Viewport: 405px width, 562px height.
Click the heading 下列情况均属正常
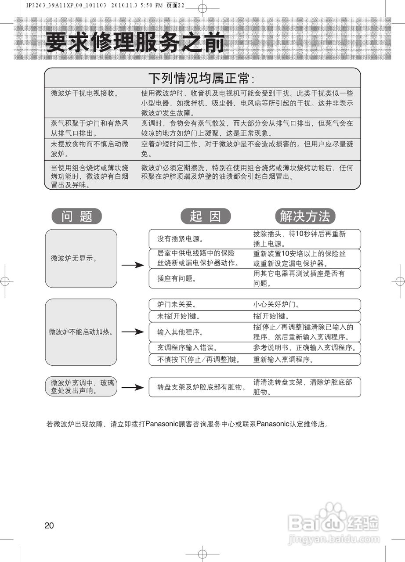(x=202, y=79)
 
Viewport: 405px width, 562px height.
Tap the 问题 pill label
(x=77, y=216)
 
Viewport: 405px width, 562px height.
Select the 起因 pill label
(x=205, y=216)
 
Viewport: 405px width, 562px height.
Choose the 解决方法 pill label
(x=305, y=216)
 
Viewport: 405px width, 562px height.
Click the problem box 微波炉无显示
(x=81, y=258)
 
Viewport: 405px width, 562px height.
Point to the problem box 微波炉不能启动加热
(x=81, y=332)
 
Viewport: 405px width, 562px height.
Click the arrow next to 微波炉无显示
(x=132, y=265)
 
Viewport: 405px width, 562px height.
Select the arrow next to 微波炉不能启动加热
(x=132, y=332)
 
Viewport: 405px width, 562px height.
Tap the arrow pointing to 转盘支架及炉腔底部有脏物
(x=132, y=387)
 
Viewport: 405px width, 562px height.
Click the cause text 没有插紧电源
(x=180, y=239)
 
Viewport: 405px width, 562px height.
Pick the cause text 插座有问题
(x=177, y=278)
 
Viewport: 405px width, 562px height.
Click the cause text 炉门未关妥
(x=177, y=304)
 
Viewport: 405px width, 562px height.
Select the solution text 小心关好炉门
(x=276, y=304)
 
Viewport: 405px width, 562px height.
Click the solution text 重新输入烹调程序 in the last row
(x=283, y=360)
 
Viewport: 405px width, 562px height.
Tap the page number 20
(x=49, y=526)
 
